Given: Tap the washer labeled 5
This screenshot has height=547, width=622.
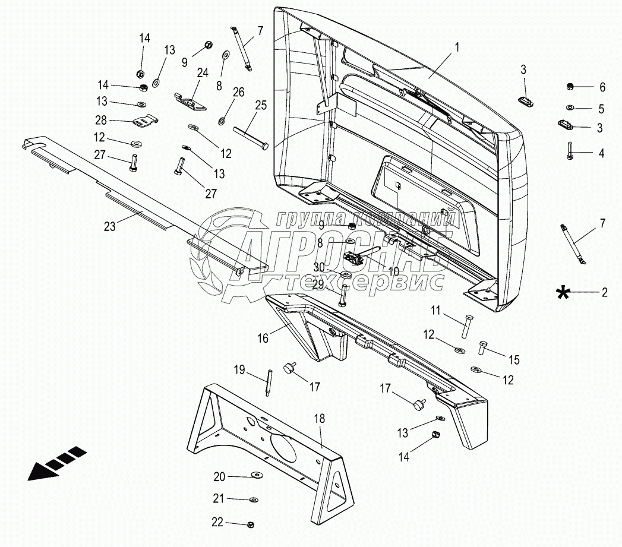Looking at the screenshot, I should [x=569, y=108].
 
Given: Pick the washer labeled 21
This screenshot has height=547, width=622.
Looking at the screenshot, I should [x=253, y=499].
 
